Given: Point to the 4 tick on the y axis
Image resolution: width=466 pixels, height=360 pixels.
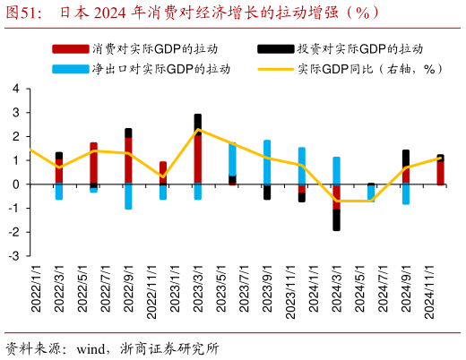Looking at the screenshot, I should [x=16, y=89].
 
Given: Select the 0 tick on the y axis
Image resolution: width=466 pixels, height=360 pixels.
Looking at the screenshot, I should [x=16, y=184].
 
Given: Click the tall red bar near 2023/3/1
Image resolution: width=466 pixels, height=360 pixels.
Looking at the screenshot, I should [x=198, y=157].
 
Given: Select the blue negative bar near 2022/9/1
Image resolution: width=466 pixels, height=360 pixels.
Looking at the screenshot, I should [x=128, y=196].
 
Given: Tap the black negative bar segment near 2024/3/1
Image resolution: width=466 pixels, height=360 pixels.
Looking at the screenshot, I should [x=337, y=219].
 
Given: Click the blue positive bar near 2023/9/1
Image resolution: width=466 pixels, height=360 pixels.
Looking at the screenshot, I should [x=267, y=162].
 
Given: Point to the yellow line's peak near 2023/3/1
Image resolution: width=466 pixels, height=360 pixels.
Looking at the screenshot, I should [x=198, y=130].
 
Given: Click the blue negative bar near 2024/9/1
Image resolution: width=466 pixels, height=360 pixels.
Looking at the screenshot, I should [x=406, y=193].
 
